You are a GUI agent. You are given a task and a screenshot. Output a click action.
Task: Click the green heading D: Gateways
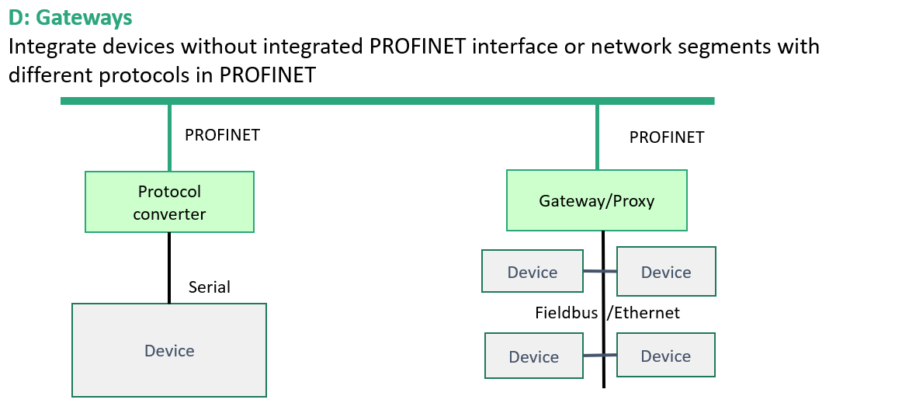[70, 18]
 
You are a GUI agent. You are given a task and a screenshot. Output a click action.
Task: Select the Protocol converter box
[169, 202]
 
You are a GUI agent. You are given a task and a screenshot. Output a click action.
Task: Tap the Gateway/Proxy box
[596, 200]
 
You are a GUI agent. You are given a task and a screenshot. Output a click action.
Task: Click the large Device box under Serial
[169, 350]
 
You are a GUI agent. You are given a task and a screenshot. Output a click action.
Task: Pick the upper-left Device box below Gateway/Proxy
[532, 271]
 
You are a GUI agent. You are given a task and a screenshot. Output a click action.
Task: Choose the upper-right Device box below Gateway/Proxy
[666, 271]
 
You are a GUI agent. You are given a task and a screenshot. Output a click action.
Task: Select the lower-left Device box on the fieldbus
[534, 356]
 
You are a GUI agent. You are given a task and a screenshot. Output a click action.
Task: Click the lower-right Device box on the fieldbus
[665, 355]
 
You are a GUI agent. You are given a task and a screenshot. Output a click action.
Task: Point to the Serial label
[210, 287]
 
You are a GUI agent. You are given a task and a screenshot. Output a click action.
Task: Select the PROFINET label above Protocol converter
[222, 135]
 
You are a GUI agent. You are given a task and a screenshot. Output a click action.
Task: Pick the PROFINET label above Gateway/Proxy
[667, 137]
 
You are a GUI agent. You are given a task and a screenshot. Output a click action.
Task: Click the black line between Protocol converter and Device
[169, 268]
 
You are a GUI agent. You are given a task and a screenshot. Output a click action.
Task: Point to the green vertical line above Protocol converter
[169, 137]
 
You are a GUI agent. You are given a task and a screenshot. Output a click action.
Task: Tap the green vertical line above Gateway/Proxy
[597, 137]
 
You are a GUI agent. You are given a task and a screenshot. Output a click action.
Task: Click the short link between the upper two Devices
[600, 271]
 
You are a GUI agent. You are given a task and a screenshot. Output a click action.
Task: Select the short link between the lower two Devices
[601, 355]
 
